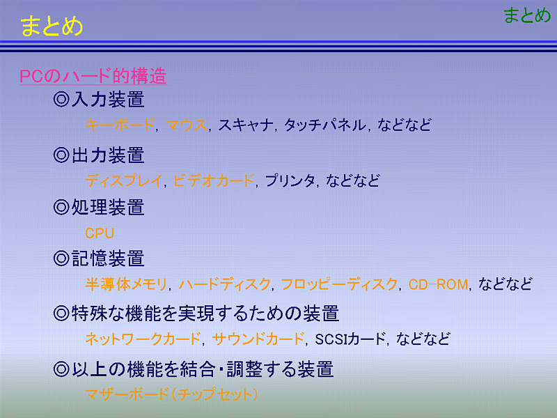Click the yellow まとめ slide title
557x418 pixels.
point(52,26)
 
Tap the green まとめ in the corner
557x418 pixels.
point(527,15)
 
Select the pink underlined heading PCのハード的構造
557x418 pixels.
point(93,76)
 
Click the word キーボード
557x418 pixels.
point(120,125)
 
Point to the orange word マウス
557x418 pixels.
point(187,125)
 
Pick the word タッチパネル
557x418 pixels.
point(325,125)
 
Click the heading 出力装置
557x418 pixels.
point(108,155)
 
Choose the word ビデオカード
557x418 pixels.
point(214,180)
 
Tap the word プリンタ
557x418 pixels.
point(290,180)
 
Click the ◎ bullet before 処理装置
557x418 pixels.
point(61,207)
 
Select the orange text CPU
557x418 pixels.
point(100,233)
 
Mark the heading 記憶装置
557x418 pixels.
point(108,258)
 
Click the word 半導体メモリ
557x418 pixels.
point(126,284)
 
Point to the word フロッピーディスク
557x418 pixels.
point(339,284)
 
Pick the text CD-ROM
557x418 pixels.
point(438,284)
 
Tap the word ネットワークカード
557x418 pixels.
point(143,339)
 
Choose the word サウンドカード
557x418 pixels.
point(258,339)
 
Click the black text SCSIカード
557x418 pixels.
point(350,339)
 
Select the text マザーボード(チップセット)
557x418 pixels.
point(171,394)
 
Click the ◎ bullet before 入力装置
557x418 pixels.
point(61,99)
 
